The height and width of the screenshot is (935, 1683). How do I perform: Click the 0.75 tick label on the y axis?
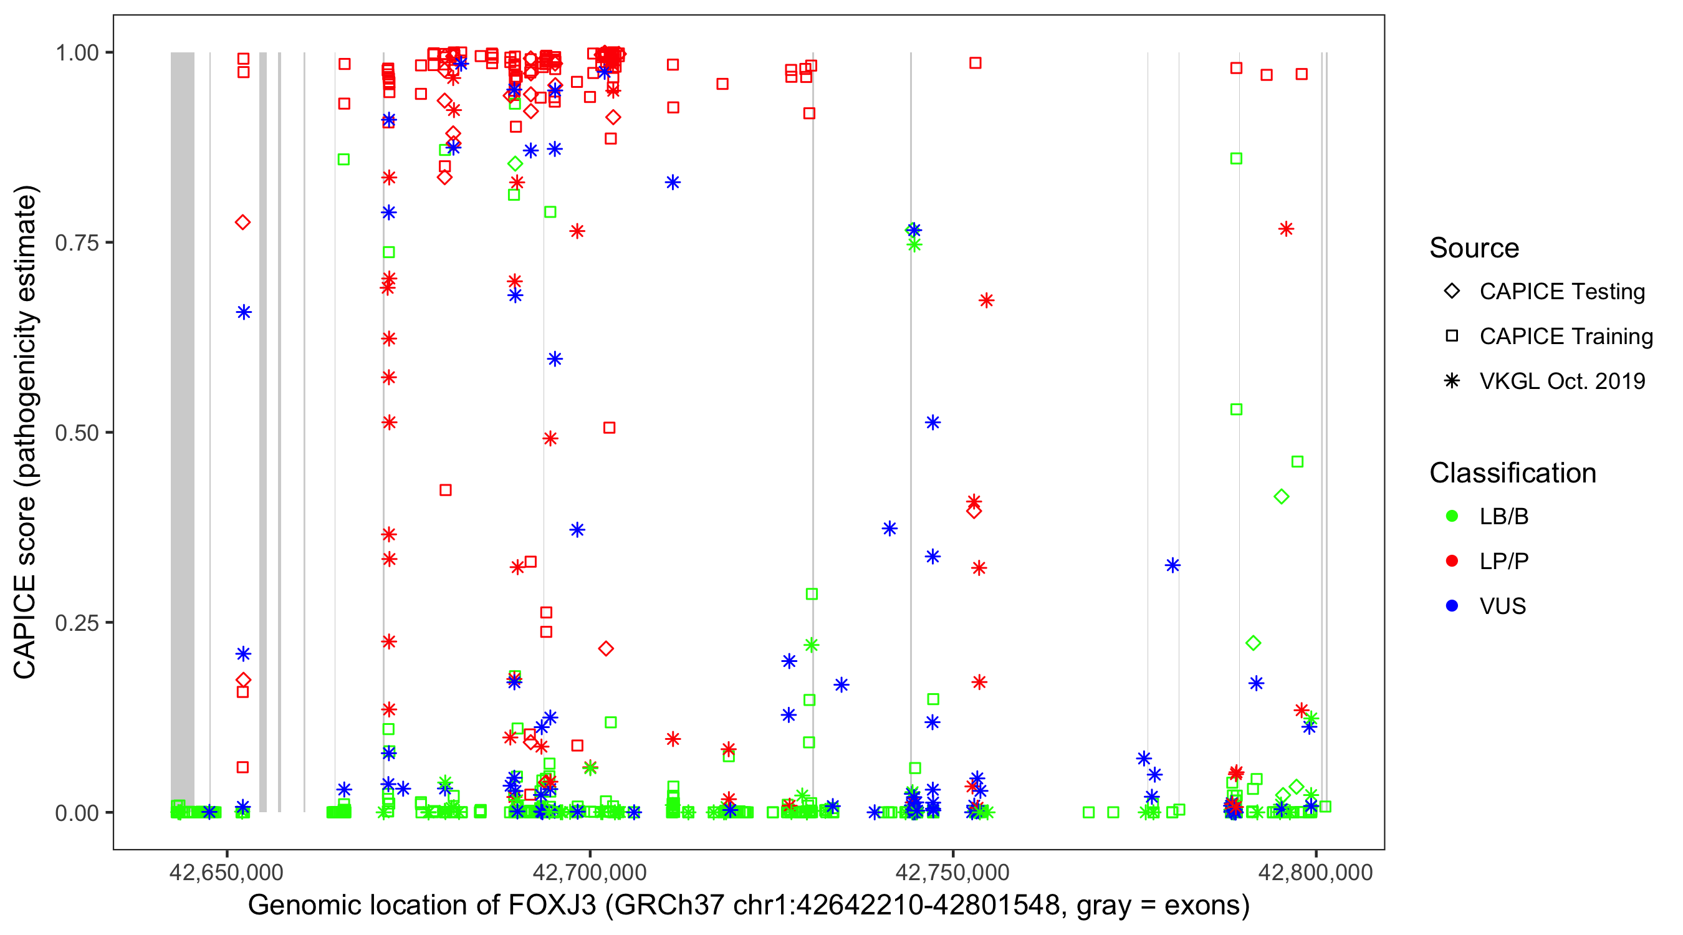pos(76,242)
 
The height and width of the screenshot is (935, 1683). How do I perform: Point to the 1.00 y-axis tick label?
pos(76,52)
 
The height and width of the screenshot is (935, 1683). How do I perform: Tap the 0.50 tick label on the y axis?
pos(76,433)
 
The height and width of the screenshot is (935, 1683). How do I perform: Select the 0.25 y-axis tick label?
pos(76,623)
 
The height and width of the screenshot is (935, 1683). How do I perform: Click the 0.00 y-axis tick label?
pos(76,813)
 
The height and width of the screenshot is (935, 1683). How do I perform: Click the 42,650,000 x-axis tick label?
pos(226,872)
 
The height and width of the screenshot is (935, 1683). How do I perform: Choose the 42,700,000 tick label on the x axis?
pos(589,872)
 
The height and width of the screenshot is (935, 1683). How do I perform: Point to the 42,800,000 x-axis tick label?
pos(1315,872)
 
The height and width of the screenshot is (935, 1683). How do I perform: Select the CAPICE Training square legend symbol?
pos(1452,336)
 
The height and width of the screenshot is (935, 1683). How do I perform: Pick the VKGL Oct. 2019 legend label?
pos(1562,381)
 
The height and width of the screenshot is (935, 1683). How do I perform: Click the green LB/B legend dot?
pos(1452,516)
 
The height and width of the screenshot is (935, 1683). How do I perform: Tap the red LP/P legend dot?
pos(1452,561)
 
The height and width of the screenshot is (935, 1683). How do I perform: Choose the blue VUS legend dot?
pos(1452,606)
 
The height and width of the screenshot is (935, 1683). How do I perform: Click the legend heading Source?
pos(1474,248)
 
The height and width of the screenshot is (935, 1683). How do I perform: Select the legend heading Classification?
pos(1512,473)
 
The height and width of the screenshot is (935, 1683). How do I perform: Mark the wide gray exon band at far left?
pos(182,431)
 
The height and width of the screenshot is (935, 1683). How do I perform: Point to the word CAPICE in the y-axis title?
pos(25,627)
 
